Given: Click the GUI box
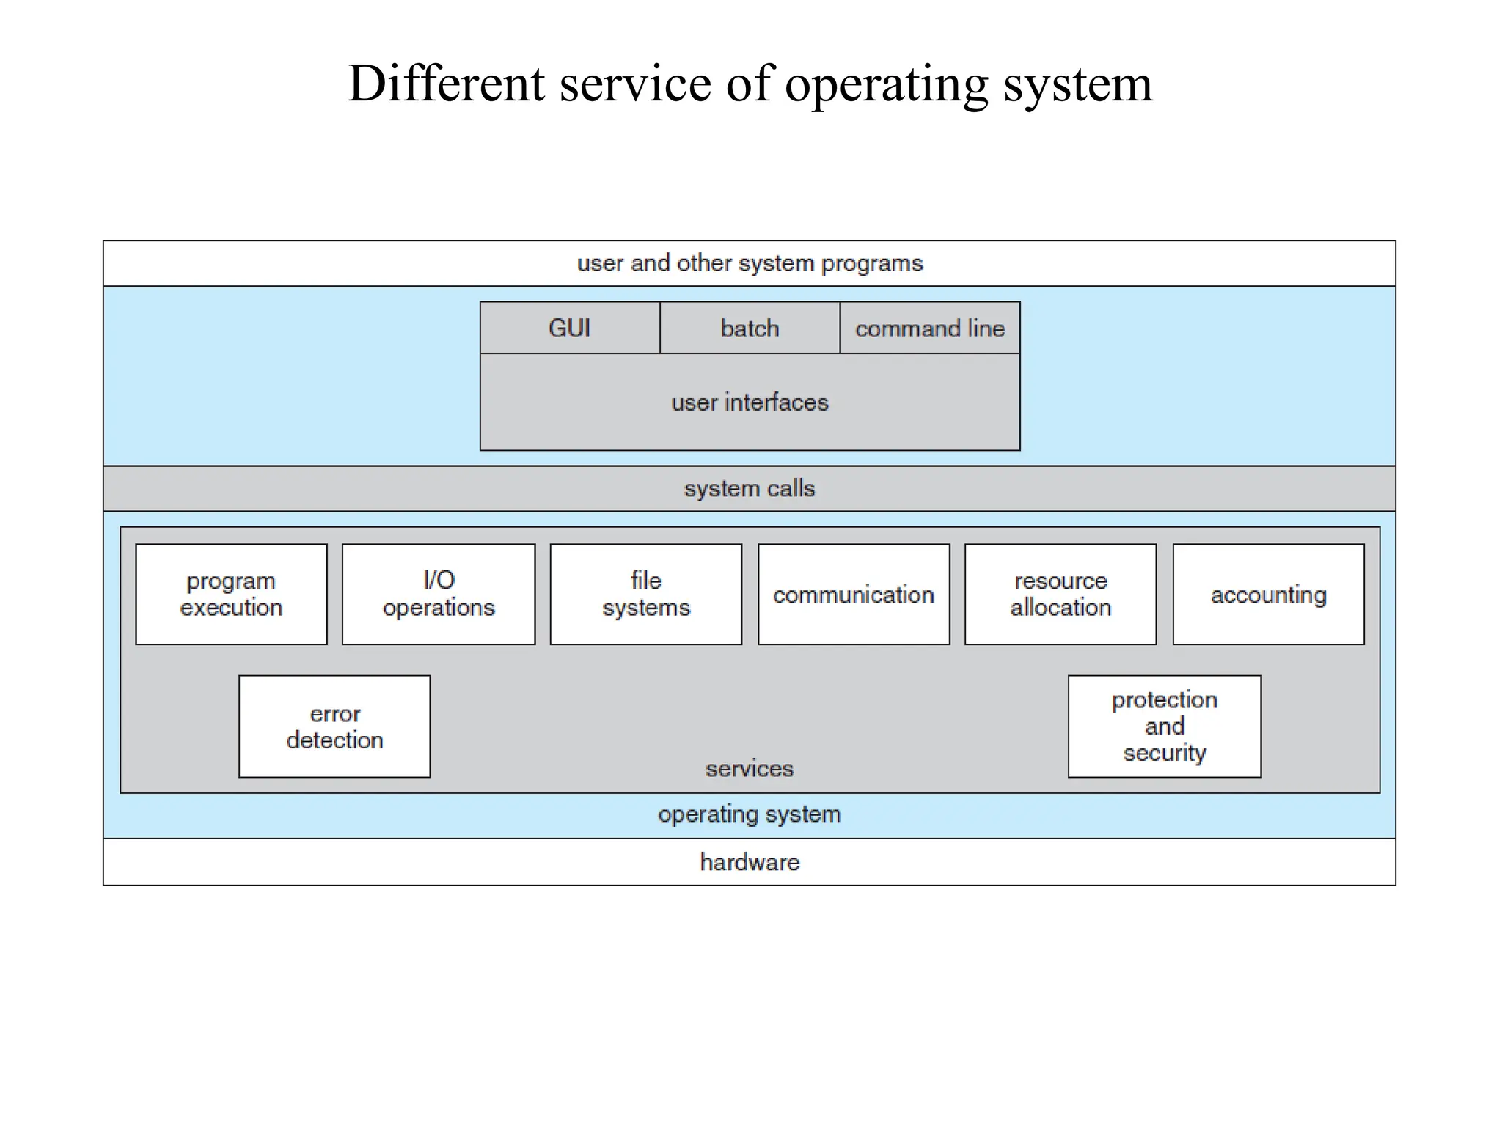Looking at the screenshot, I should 570,328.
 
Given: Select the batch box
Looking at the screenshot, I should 750,328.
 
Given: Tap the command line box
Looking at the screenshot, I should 929,328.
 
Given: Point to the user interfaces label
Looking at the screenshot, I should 750,402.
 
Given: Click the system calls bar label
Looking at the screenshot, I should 750,489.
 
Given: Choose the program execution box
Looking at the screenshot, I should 231,594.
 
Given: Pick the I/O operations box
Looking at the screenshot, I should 439,594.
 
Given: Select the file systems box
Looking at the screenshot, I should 646,594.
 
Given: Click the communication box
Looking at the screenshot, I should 854,594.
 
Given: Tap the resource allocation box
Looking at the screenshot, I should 1060,594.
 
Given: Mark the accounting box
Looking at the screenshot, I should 1268,594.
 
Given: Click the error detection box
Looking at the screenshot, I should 334,726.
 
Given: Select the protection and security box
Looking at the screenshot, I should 1165,726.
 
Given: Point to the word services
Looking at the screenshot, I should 750,769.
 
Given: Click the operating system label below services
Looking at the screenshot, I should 750,814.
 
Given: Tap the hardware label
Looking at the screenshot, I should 750,862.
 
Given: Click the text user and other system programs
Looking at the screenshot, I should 750,263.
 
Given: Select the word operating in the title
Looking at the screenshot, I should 887,85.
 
